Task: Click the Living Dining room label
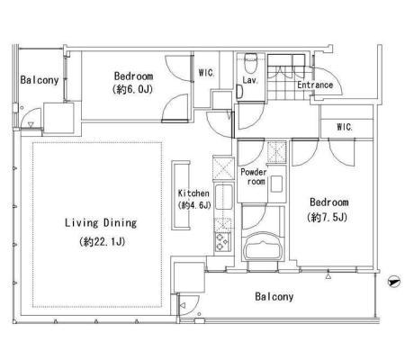click(101, 223)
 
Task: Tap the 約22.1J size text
click(102, 241)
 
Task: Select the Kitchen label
click(193, 193)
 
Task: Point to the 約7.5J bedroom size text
click(327, 217)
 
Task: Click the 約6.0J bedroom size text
click(132, 89)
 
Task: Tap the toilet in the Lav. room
click(249, 63)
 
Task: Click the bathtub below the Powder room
click(263, 247)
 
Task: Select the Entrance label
click(315, 85)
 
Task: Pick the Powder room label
click(254, 176)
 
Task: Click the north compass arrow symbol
click(393, 282)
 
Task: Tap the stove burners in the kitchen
click(222, 242)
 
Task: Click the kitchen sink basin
click(224, 197)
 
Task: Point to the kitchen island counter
click(181, 195)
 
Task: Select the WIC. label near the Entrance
click(345, 127)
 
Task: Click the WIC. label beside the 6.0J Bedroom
click(206, 73)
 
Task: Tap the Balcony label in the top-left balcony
click(40, 80)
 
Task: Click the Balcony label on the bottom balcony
click(274, 297)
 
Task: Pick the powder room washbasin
click(276, 184)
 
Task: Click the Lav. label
click(250, 80)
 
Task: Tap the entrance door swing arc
click(335, 76)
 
